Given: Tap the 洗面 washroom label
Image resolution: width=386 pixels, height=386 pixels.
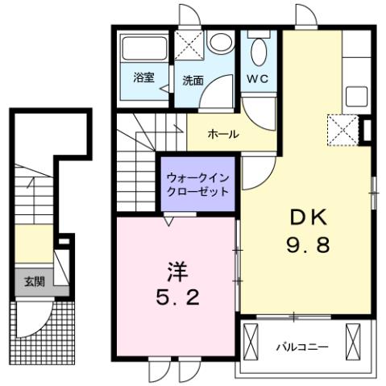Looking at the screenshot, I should tap(193, 81).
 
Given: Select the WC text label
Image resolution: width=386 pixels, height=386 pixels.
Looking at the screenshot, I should tap(257, 79).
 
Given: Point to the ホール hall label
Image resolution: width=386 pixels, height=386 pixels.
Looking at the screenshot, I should tap(222, 134).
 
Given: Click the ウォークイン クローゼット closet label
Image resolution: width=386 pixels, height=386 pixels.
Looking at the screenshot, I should tap(197, 185).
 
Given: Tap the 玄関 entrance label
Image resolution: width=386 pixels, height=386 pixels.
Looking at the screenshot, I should tap(34, 282).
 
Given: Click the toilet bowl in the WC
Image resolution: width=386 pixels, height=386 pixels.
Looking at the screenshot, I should tap(259, 53).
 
